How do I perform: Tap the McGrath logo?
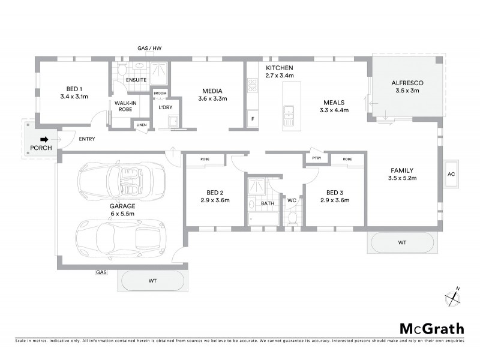click(x=431, y=328)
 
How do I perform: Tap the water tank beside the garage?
click(x=152, y=280)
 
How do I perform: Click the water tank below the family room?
click(x=401, y=243)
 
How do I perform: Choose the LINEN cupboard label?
click(x=141, y=125)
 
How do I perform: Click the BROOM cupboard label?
click(x=160, y=94)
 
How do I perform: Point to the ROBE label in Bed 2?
click(x=205, y=159)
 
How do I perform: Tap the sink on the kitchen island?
click(x=289, y=110)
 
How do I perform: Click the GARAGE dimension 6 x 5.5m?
click(x=122, y=214)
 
